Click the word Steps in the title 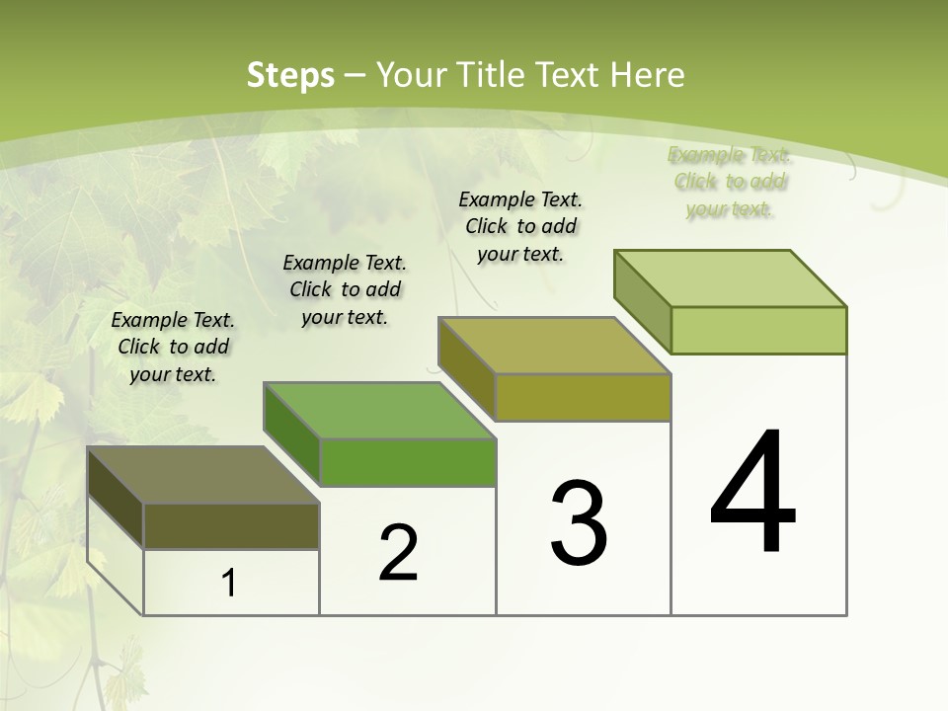[290, 75]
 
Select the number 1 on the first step [229, 584]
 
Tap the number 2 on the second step [398, 553]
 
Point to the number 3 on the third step [578, 523]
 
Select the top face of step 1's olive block [202, 475]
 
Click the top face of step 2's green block [379, 411]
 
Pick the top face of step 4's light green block [731, 278]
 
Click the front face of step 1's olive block [231, 526]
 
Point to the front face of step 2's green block [407, 462]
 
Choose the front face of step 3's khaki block [583, 397]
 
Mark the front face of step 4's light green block [758, 330]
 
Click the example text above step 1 [173, 347]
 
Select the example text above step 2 [345, 289]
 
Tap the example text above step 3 [520, 226]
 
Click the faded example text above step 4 [730, 182]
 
